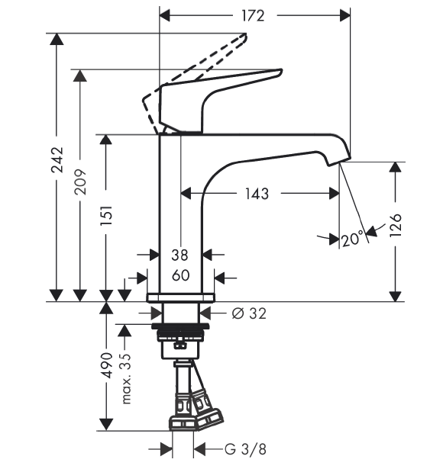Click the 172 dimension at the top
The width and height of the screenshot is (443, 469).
pyautogui.click(x=253, y=16)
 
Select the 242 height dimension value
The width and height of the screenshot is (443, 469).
pyautogui.click(x=57, y=160)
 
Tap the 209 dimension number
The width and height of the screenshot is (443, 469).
pyautogui.click(x=80, y=182)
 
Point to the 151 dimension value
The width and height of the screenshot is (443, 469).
pyautogui.click(x=106, y=215)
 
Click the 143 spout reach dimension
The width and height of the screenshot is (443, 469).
pyautogui.click(x=257, y=194)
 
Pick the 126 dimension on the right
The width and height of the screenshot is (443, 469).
pyautogui.click(x=396, y=226)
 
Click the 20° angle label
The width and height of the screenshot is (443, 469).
pyautogui.click(x=353, y=239)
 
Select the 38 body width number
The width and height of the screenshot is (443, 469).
pyautogui.click(x=179, y=255)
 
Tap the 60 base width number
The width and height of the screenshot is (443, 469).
pyautogui.click(x=180, y=275)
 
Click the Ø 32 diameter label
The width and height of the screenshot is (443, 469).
pyautogui.click(x=249, y=313)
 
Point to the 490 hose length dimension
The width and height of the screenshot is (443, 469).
pyautogui.click(x=106, y=365)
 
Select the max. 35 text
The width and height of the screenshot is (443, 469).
pyautogui.click(x=126, y=379)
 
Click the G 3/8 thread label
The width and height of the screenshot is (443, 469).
pyautogui.click(x=245, y=449)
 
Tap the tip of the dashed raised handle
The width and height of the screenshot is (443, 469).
pyautogui.click(x=246, y=34)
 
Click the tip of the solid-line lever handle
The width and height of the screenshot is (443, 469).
pyautogui.click(x=281, y=71)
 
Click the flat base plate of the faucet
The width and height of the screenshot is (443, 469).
pyautogui.click(x=180, y=298)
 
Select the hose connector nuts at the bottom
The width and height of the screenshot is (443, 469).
pyautogui.click(x=196, y=418)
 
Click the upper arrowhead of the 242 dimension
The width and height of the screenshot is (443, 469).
pyautogui.click(x=57, y=39)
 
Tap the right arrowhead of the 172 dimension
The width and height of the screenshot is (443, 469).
pyautogui.click(x=344, y=15)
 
